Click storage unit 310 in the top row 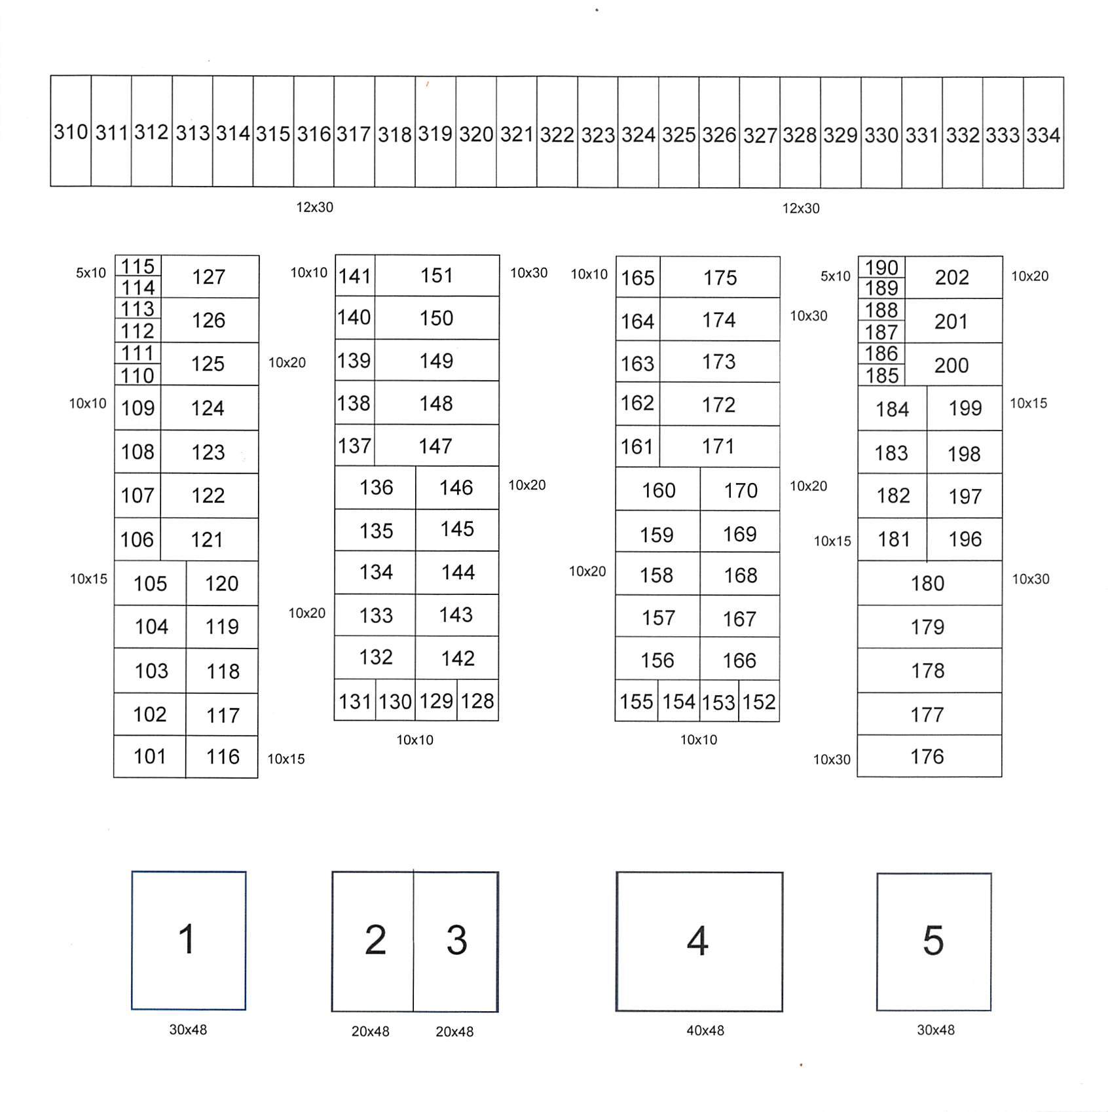tap(71, 132)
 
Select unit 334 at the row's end tap(1043, 135)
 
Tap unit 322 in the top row tap(557, 134)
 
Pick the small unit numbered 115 tap(138, 266)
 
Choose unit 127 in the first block tap(209, 277)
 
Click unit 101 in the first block tap(150, 757)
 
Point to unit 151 tap(437, 276)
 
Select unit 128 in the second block tap(477, 701)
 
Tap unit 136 tap(376, 488)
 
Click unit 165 tap(638, 278)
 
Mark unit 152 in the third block tap(759, 702)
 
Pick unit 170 tap(740, 490)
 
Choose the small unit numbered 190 tap(881, 267)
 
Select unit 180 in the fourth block tap(928, 583)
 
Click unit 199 tap(965, 408)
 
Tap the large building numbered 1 tap(188, 940)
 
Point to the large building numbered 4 tap(699, 941)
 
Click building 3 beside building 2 tap(456, 941)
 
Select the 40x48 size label tap(705, 1031)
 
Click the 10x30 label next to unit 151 tap(528, 273)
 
